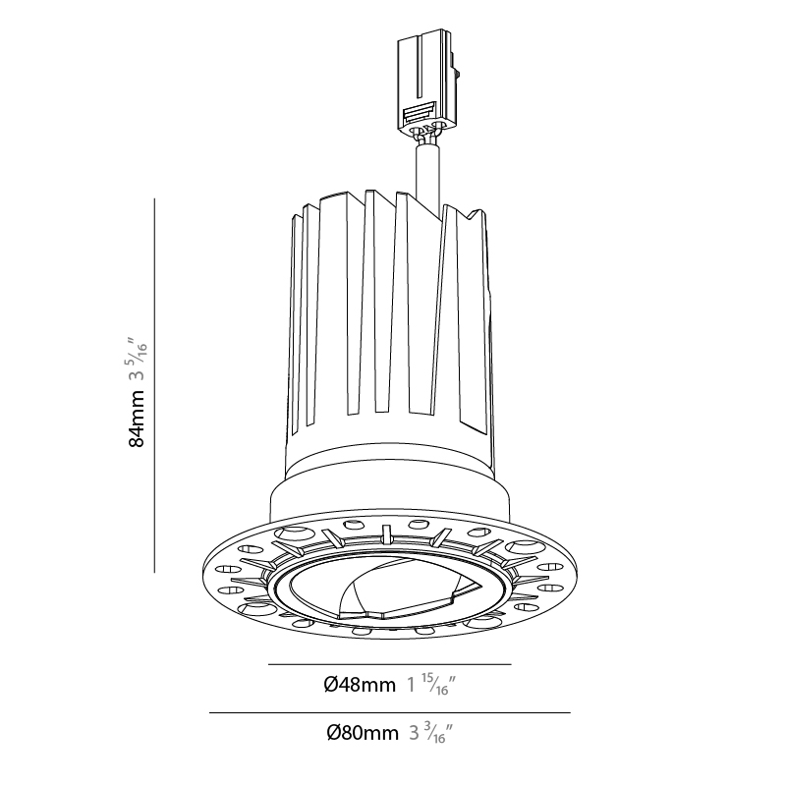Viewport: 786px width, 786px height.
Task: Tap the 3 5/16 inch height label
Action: pyautogui.click(x=138, y=358)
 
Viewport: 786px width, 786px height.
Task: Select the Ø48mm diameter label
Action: pyautogui.click(x=360, y=684)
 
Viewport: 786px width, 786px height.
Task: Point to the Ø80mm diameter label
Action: pyautogui.click(x=363, y=733)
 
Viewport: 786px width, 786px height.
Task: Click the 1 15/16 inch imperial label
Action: pyautogui.click(x=431, y=684)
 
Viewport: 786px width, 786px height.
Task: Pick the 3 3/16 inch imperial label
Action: pyautogui.click(x=431, y=733)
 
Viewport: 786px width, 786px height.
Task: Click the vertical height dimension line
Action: pyautogui.click(x=154, y=385)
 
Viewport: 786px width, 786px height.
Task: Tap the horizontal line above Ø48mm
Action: pyautogui.click(x=389, y=665)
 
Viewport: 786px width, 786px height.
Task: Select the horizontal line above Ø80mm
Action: pyautogui.click(x=389, y=712)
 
